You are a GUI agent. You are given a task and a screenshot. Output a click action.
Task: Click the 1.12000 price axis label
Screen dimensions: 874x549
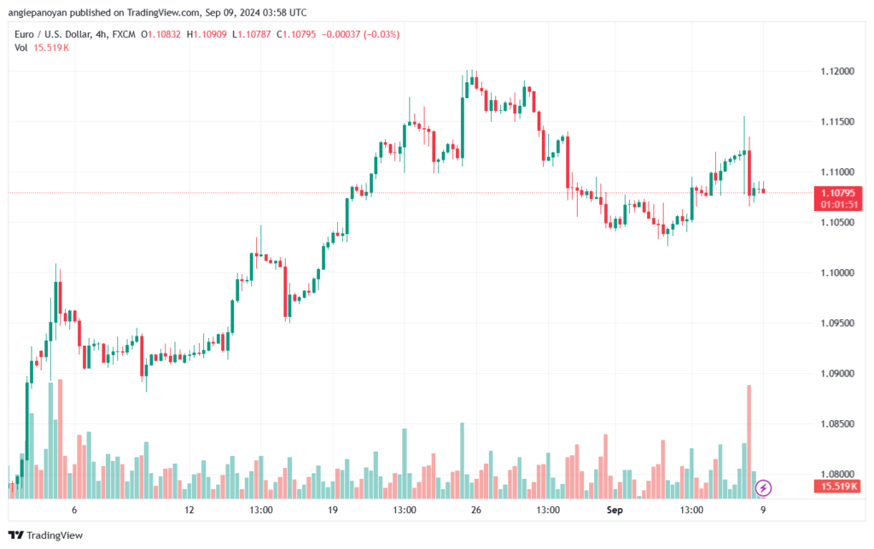[x=837, y=72]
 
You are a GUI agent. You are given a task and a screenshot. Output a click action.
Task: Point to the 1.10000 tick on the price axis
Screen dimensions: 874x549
[x=837, y=272]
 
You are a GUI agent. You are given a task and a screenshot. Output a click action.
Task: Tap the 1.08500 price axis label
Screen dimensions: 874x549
[x=837, y=423]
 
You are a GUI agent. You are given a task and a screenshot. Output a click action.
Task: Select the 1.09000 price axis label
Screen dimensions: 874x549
[x=837, y=373]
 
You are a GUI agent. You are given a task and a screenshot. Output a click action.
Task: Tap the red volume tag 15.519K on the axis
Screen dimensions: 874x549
[x=838, y=487]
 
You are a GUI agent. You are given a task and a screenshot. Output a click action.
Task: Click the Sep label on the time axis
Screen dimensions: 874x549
[x=615, y=510]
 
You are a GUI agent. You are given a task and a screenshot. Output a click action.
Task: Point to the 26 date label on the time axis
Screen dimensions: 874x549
[x=476, y=510]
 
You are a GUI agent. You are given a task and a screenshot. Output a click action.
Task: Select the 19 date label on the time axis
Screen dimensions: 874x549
[x=333, y=510]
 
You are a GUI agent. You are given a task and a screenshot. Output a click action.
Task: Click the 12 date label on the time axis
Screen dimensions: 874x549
[x=189, y=510]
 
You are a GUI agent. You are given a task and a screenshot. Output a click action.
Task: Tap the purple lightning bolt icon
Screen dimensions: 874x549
[x=763, y=488]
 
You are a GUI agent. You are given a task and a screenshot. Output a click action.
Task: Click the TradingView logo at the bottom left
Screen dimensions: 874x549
[x=46, y=535]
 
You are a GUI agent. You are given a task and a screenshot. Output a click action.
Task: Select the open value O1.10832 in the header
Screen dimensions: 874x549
[x=160, y=34]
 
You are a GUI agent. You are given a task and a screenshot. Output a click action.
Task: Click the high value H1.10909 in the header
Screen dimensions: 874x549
[x=207, y=34]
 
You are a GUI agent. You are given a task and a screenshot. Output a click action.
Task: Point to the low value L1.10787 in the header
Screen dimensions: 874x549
[x=252, y=34]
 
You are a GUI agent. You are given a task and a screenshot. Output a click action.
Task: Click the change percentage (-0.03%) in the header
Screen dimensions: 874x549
[x=382, y=34]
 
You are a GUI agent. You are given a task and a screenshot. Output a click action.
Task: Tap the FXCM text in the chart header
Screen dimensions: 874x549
[x=124, y=34]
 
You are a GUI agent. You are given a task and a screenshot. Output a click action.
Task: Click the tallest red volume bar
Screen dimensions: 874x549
[x=749, y=441]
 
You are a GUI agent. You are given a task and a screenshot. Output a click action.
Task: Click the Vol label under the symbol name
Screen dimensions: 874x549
[x=21, y=48]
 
